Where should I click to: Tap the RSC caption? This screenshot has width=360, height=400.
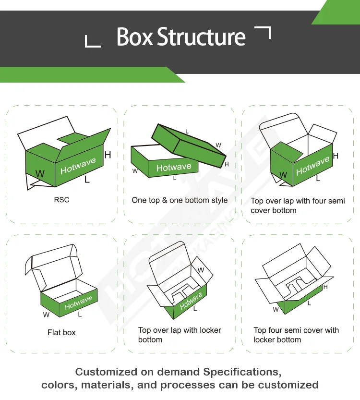(61, 200)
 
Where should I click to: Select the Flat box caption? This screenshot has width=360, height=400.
(61, 332)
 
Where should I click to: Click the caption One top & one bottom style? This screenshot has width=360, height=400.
(180, 200)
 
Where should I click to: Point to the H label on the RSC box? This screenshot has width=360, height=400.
(108, 155)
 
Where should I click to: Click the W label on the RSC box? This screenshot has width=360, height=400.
(40, 174)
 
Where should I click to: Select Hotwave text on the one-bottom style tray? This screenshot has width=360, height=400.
(174, 167)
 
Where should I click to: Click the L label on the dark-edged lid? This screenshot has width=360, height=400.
(187, 132)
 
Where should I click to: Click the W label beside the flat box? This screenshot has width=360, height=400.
(46, 315)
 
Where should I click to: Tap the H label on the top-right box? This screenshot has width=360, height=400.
(336, 156)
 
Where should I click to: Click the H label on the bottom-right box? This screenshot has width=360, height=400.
(325, 287)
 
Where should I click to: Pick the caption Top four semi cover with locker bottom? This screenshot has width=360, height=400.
(296, 335)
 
